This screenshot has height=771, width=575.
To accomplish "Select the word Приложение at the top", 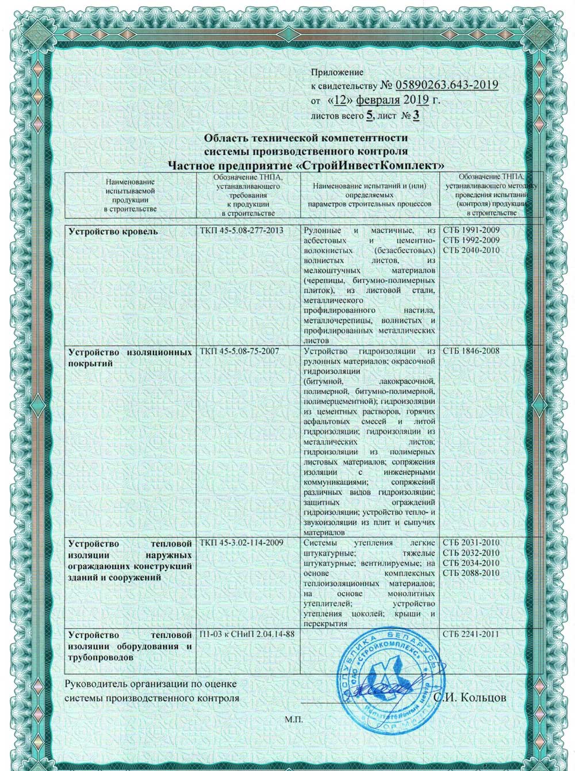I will coord(337,72).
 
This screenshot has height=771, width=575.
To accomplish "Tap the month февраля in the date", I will coord(377,99).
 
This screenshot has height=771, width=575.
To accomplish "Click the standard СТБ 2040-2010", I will coord(471,250).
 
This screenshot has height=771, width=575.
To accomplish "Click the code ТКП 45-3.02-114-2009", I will coord(242,543).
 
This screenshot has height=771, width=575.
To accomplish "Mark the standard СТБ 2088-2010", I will coord(471,572).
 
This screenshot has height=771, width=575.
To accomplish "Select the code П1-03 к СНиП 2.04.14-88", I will coord(247,634).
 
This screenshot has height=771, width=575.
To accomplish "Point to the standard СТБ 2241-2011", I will coord(471,634).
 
